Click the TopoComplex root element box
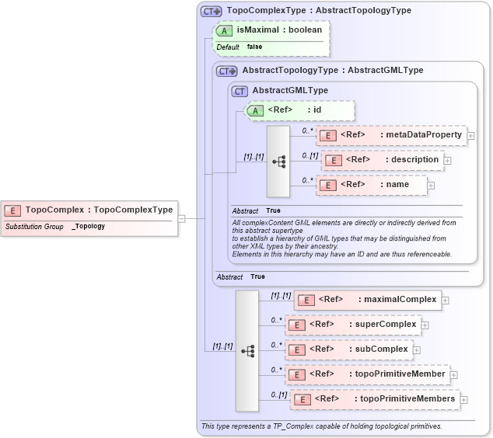pyautogui.click(x=89, y=210)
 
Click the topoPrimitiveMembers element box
pyautogui.click(x=374, y=399)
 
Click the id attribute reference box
pyautogui.click(x=299, y=110)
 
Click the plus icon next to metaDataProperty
pyautogui.click(x=470, y=135)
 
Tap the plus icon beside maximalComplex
pyautogui.click(x=445, y=299)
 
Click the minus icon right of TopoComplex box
pyautogui.click(x=181, y=218)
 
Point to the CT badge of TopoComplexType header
pyautogui.click(x=212, y=11)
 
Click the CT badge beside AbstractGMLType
pyautogui.click(x=240, y=91)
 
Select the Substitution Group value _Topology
pyautogui.click(x=89, y=226)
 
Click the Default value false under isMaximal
pyautogui.click(x=254, y=47)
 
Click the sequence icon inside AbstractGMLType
pyautogui.click(x=277, y=162)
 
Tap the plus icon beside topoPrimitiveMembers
pyautogui.click(x=463, y=399)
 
